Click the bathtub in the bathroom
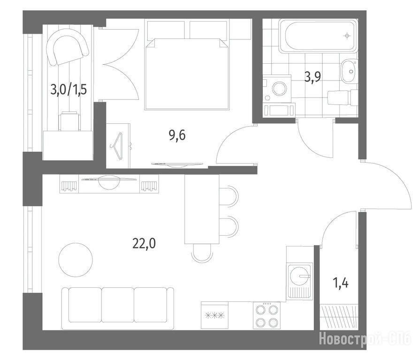(x=318, y=36)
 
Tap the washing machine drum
(x=280, y=89)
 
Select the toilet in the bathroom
(x=342, y=97)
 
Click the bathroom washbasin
(x=350, y=71)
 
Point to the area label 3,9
(x=313, y=77)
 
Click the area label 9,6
(x=177, y=135)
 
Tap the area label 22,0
(x=144, y=243)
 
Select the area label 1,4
(x=341, y=283)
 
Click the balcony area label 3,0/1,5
(x=69, y=90)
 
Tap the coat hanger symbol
(x=117, y=146)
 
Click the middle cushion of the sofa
(x=118, y=305)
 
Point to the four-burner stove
(x=266, y=315)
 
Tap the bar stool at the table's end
(x=202, y=253)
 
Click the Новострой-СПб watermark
(x=365, y=339)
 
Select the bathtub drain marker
(x=347, y=36)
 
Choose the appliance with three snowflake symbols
(x=214, y=315)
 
